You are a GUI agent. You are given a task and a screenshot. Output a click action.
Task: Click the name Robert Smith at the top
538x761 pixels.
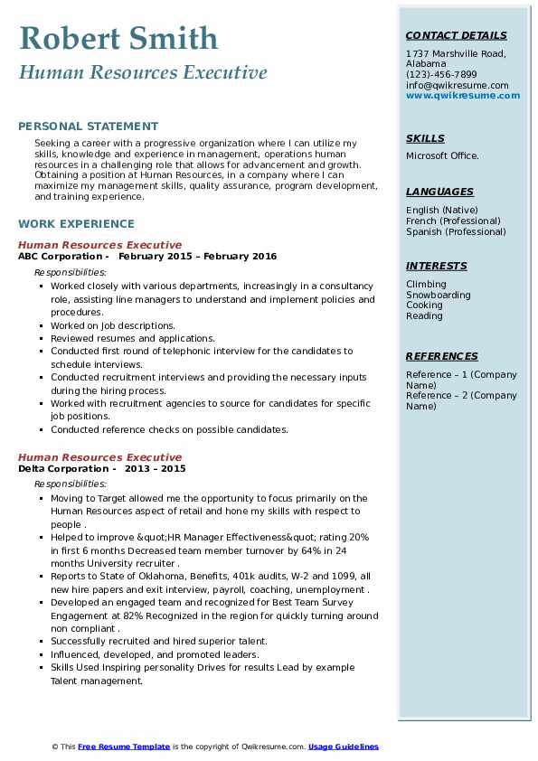(x=118, y=38)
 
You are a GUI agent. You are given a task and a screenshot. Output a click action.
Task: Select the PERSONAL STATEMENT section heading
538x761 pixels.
(x=88, y=127)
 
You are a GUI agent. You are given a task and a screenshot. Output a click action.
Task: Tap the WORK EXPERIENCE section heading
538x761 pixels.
(x=76, y=223)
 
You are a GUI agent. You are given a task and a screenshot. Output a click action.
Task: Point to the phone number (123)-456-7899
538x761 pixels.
(x=441, y=75)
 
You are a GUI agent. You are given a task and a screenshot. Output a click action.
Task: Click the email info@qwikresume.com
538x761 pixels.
(x=457, y=85)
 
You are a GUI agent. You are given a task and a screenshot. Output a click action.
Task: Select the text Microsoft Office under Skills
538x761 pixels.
(x=442, y=155)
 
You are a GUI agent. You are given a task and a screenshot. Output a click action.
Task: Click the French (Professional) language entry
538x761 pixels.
(x=453, y=221)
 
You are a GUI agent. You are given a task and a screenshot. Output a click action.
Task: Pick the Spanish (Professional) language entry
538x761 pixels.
(x=456, y=231)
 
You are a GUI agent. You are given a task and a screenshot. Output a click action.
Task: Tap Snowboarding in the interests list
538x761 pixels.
(x=438, y=295)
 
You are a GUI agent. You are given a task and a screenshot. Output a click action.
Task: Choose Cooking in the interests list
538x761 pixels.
(x=425, y=305)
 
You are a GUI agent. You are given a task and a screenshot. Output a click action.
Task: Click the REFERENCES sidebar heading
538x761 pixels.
(x=441, y=356)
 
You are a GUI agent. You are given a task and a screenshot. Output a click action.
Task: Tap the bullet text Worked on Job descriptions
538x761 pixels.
(x=113, y=325)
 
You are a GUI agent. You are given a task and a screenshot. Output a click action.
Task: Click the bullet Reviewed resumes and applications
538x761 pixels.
(x=132, y=338)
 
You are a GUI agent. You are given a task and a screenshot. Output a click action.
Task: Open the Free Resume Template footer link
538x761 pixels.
(x=124, y=747)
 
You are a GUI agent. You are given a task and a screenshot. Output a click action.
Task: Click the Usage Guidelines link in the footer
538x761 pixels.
(x=343, y=747)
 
